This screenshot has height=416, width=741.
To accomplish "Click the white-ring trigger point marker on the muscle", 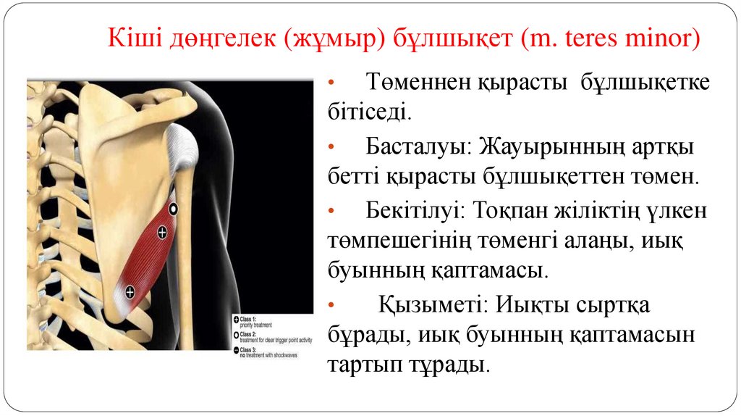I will [173, 209].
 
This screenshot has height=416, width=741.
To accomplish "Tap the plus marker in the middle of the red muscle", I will [162, 233].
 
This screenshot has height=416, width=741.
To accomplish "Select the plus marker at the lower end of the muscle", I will [130, 292].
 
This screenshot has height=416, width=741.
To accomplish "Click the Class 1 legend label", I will [249, 319].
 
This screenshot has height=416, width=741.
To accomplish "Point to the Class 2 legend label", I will [249, 334].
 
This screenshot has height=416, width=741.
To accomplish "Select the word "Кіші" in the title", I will [127, 36].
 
